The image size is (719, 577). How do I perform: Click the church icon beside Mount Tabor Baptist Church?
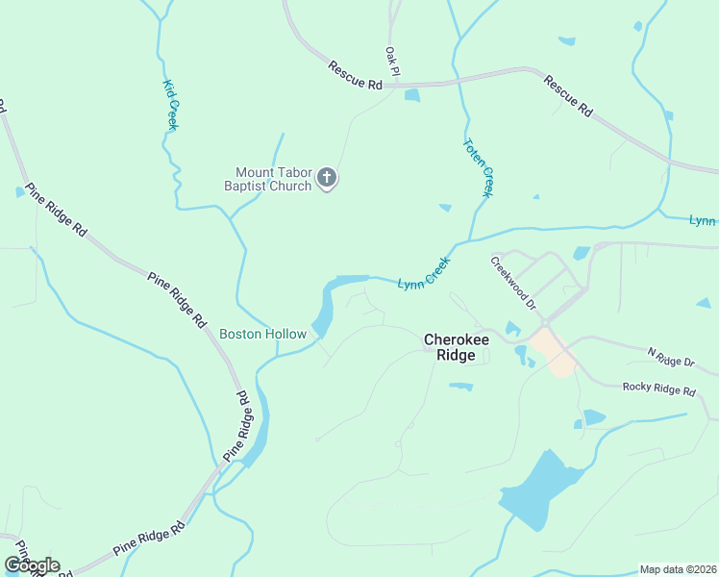pos(327,177)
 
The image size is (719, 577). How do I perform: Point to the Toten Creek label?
pos(478,168)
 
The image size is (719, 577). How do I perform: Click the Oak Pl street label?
pos(391,62)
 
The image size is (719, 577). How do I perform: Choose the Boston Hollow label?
pos(262,334)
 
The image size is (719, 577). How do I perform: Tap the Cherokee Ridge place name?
pos(450,346)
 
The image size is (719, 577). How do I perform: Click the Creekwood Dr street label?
pos(514,282)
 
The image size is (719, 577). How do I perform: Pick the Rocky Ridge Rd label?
pos(658,389)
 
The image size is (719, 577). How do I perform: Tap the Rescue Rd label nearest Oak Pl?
pos(355,76)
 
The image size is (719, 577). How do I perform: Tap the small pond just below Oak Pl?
pos(412,95)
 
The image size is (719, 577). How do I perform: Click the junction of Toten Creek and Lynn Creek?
pos(470,238)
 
